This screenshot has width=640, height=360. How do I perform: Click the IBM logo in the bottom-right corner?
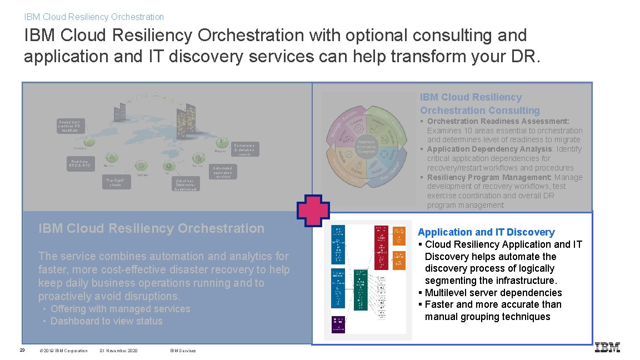point(607,348)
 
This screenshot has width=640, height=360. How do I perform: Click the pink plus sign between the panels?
point(313,212)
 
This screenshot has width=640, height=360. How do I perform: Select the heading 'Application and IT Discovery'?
point(486,232)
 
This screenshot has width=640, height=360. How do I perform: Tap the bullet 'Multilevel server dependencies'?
point(493,293)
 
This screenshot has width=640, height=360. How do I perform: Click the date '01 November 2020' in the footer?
point(118,351)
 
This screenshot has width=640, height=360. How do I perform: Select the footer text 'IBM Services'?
point(183,351)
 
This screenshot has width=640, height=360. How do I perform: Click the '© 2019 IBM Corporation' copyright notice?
point(63,351)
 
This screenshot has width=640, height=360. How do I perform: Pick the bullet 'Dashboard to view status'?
point(106,321)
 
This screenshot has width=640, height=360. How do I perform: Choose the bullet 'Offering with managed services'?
point(120,309)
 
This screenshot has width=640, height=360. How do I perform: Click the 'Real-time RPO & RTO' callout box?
point(80,163)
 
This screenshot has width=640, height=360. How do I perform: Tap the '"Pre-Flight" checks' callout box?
point(117,182)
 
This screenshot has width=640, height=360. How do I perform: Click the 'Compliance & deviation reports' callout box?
point(244,148)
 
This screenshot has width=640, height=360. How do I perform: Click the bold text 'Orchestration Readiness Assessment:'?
point(498,121)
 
